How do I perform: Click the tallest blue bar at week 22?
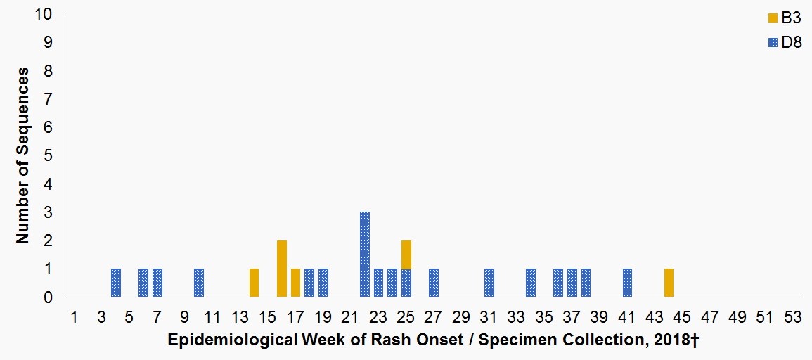(x=365, y=255)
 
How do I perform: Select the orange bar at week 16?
(x=282, y=269)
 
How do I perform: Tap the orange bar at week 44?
(x=669, y=283)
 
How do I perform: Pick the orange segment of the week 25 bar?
(x=406, y=255)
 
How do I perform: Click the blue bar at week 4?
(x=116, y=283)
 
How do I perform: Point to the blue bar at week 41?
(x=627, y=283)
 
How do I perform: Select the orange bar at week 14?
(x=254, y=283)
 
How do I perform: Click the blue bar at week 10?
(x=199, y=283)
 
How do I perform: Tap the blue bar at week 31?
(x=489, y=283)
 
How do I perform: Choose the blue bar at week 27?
(x=434, y=283)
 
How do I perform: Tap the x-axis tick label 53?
(x=792, y=316)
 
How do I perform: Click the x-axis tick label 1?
(x=75, y=316)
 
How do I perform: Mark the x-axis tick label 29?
(x=461, y=316)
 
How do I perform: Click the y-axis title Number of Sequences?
(x=23, y=155)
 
